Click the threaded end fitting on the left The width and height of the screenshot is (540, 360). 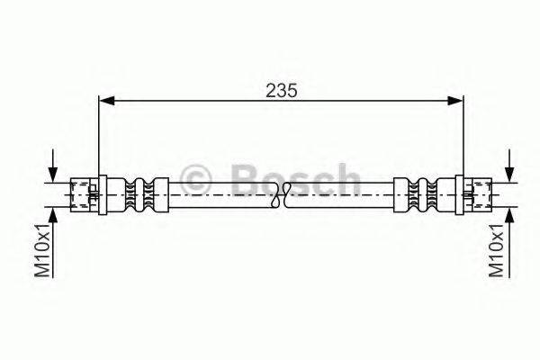84,193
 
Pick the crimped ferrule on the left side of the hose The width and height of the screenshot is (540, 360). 139,193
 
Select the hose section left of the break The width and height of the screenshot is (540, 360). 225,193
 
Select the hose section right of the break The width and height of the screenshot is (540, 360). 342,193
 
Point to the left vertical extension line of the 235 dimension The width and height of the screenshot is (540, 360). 97,135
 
